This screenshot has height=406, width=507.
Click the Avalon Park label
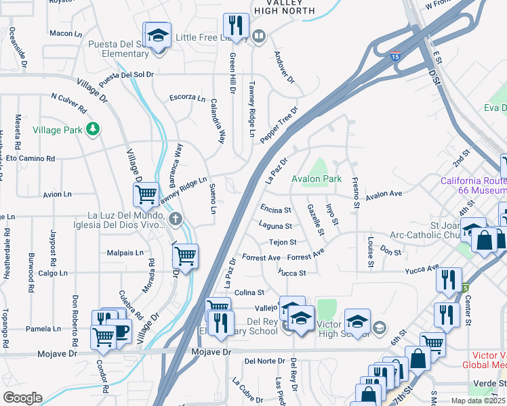[317, 179]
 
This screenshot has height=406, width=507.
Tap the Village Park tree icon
[94, 129]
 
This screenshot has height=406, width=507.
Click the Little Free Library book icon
[258, 36]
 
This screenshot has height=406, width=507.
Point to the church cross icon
[176, 218]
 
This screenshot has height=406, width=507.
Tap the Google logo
[22, 398]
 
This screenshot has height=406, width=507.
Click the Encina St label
[275, 210]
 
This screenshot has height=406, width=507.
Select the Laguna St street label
[275, 226]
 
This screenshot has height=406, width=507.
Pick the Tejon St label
[283, 242]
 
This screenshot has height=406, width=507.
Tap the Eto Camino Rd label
[30, 158]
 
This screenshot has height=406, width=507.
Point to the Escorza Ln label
[187, 98]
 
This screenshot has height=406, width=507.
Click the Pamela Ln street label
[44, 329]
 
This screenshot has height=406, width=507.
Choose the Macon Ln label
[65, 33]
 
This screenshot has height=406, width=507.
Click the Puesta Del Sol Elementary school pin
[157, 35]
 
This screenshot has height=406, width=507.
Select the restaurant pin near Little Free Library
[235, 26]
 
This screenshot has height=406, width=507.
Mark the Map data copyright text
[478, 401]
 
